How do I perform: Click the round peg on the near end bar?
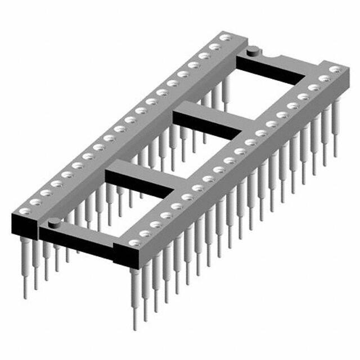[53, 223]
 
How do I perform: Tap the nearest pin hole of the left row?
[24, 211]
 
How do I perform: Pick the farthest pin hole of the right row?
[335, 70]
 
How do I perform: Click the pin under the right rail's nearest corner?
[134, 298]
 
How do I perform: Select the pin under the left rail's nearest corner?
[25, 264]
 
